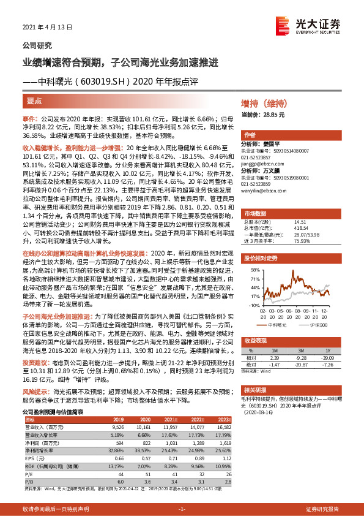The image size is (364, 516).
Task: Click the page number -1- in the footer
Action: click(182, 509)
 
